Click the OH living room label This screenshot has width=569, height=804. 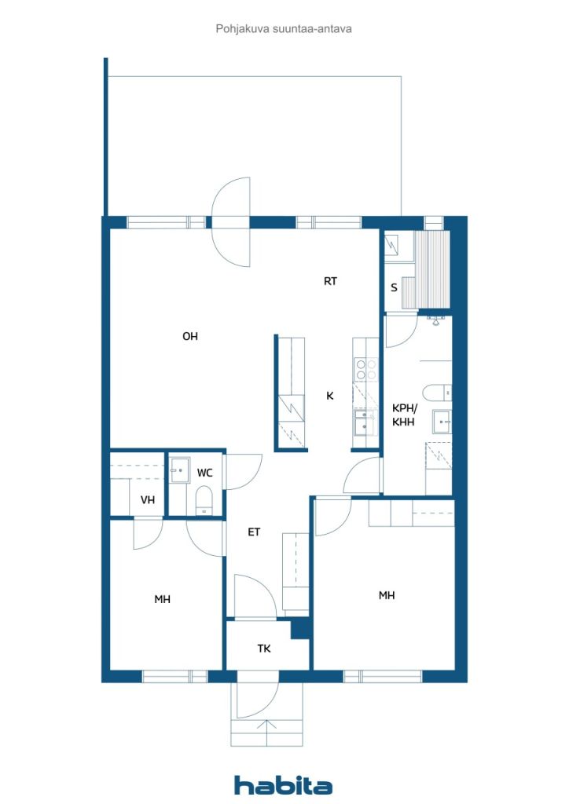click(190, 336)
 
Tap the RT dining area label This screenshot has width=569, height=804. click(330, 281)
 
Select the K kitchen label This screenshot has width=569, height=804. click(330, 396)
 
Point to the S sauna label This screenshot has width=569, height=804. click(394, 287)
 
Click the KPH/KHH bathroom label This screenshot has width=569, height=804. click(404, 415)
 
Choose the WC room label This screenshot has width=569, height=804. click(204, 473)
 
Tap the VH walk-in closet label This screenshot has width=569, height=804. click(148, 500)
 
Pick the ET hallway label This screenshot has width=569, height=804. click(254, 532)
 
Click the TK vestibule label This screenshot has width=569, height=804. click(264, 649)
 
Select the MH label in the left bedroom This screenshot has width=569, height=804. click(162, 599)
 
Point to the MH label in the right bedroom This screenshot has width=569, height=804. click(387, 595)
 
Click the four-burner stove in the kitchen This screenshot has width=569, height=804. click(366, 370)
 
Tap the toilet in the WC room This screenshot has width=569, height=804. click(204, 500)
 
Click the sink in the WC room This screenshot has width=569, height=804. click(179, 470)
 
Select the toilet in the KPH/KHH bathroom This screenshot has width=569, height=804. click(437, 393)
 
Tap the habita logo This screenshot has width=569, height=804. click(283, 785)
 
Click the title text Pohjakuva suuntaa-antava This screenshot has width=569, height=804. click(284, 29)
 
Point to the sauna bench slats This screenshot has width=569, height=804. click(432, 270)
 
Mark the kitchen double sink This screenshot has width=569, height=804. click(365, 422)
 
